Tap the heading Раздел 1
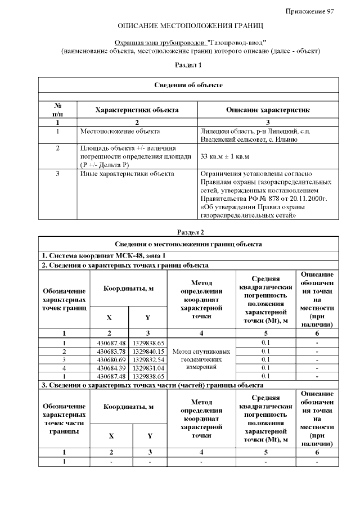(x=188, y=65)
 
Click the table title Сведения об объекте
(x=188, y=85)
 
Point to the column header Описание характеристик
(x=267, y=110)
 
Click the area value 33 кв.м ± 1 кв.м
(x=224, y=156)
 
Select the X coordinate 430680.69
(x=110, y=359)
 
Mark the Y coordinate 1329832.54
(x=148, y=359)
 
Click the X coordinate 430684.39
(x=110, y=367)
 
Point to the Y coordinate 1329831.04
(x=148, y=367)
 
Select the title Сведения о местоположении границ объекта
(x=188, y=244)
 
